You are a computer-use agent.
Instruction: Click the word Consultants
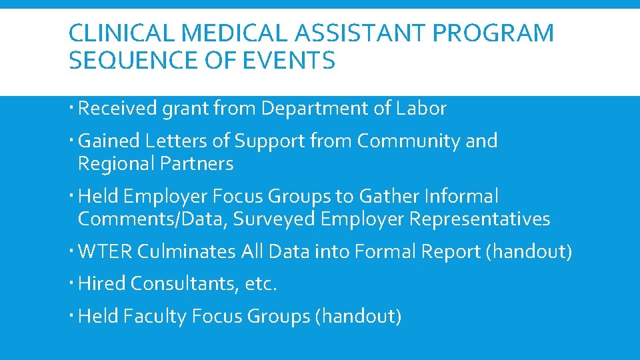coord(184,283)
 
